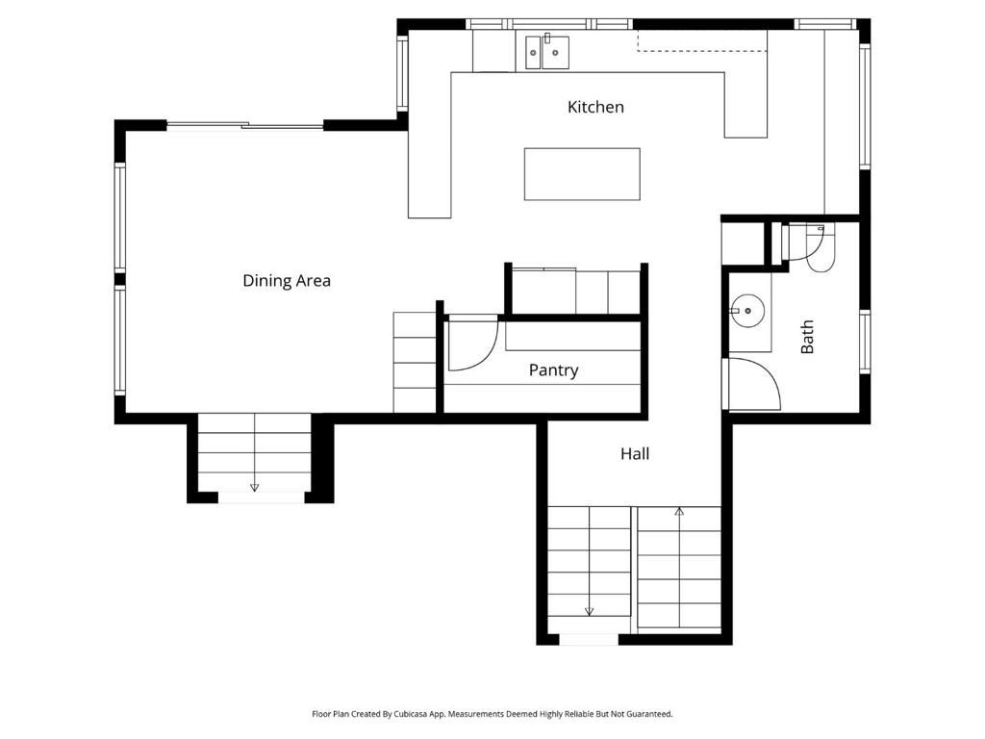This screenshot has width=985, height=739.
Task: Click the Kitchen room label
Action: pyautogui.click(x=595, y=107)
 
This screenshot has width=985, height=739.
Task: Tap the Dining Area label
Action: pyautogui.click(x=287, y=281)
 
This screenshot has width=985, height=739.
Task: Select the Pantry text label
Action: pyautogui.click(x=553, y=370)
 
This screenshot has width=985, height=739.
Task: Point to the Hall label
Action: pyautogui.click(x=634, y=453)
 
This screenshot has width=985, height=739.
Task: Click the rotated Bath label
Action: pyautogui.click(x=807, y=337)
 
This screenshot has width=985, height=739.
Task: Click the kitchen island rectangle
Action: pyautogui.click(x=582, y=174)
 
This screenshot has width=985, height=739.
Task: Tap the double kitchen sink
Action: pyautogui.click(x=546, y=53)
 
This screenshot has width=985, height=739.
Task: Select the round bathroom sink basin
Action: pyautogui.click(x=746, y=311)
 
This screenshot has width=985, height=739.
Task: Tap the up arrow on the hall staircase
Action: pyautogui.click(x=679, y=512)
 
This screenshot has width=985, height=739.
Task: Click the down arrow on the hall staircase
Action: pyautogui.click(x=589, y=610)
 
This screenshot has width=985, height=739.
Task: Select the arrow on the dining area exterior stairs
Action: pyautogui.click(x=254, y=487)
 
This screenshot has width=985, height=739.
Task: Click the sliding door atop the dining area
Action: pyautogui.click(x=245, y=125)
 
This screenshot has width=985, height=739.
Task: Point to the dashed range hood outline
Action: pyautogui.click(x=702, y=40)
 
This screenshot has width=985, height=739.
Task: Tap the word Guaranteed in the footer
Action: pyautogui.click(x=647, y=714)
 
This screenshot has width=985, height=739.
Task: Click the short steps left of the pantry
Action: pyautogui.click(x=415, y=363)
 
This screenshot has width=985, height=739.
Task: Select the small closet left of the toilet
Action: pyautogui.click(x=743, y=243)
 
